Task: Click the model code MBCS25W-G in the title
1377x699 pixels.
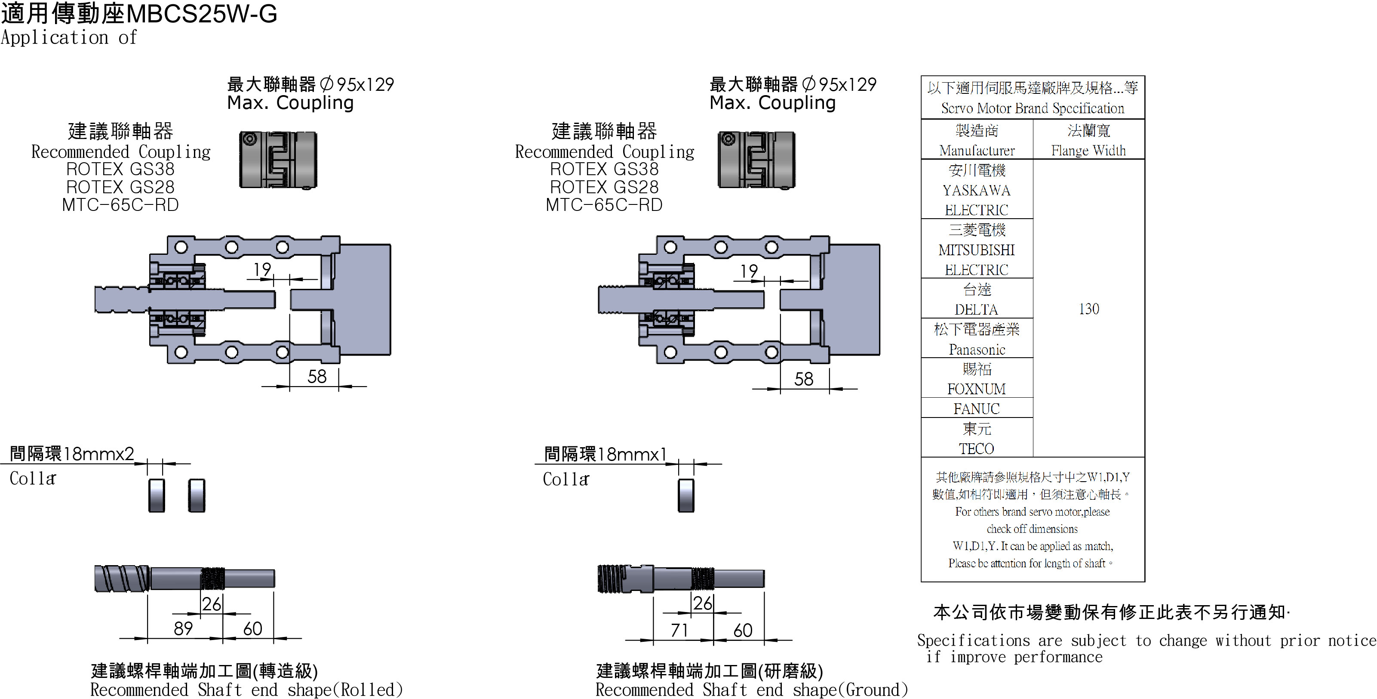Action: (202, 13)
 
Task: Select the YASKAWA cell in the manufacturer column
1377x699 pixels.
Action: (976, 190)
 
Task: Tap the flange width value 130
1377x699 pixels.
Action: (1088, 309)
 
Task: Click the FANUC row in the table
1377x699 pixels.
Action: (976, 408)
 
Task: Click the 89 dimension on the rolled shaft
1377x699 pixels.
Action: (183, 628)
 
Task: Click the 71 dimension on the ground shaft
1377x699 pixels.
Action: (679, 630)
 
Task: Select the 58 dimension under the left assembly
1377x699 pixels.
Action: (317, 377)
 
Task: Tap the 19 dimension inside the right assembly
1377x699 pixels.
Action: (749, 271)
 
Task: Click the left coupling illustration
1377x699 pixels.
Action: (278, 160)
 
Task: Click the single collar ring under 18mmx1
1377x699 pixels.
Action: (686, 495)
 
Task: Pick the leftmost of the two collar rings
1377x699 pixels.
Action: (157, 495)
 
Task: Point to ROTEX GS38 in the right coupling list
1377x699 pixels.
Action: (604, 169)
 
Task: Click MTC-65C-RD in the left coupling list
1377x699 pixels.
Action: (120, 205)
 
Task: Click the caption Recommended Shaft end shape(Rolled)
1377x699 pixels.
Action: (246, 690)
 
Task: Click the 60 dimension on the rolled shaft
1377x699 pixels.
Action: (252, 628)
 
